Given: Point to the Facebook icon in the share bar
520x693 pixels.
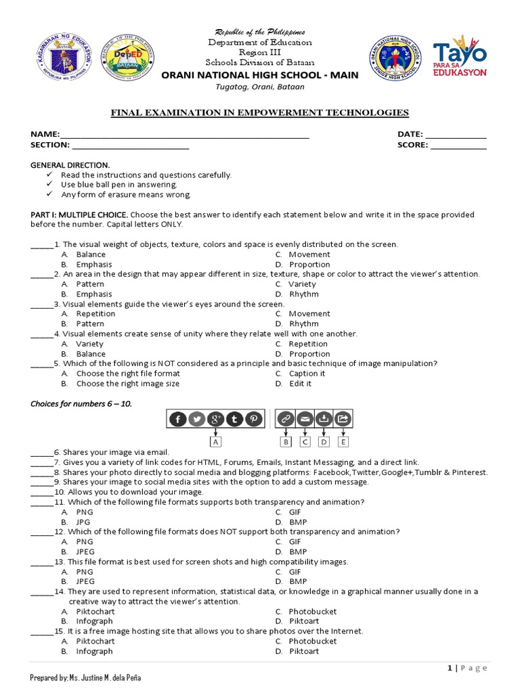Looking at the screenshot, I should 178,419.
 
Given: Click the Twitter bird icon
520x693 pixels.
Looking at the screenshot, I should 197,419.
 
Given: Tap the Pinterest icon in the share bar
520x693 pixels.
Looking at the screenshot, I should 253,419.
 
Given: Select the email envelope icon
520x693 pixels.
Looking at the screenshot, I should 305,419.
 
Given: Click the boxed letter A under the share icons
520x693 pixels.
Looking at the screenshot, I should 216,442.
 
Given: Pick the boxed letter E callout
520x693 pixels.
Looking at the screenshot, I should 343,442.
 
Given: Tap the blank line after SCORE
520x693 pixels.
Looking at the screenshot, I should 458,145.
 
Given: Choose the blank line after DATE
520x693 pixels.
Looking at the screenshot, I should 456,135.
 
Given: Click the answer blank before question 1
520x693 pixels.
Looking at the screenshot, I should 41,245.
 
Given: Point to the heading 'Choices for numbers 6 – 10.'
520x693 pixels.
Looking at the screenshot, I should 81,404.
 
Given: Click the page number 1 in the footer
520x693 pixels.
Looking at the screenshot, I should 450,668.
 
